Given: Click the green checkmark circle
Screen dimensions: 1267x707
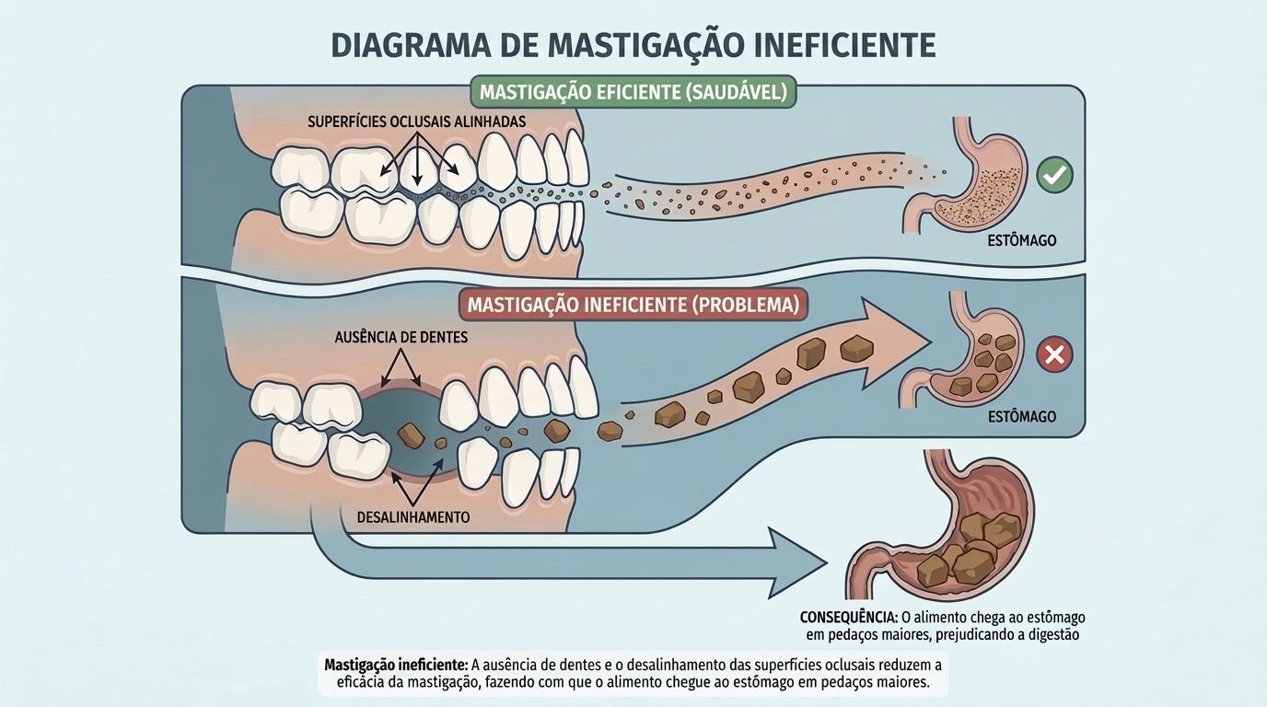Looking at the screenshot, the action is [x=1054, y=175].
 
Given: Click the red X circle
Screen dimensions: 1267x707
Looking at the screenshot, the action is [x=1054, y=354].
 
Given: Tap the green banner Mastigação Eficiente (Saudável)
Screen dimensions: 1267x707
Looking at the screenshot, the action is [x=633, y=92].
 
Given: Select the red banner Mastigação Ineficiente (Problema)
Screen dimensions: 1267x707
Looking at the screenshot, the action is [x=633, y=305].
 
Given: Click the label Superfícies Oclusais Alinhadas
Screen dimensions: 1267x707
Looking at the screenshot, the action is [x=417, y=121].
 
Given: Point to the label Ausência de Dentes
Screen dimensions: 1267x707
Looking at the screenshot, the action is [x=401, y=337].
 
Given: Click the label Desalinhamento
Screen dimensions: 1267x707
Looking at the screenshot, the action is [x=413, y=517].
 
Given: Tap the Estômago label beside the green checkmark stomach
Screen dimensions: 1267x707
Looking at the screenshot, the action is [x=1021, y=240].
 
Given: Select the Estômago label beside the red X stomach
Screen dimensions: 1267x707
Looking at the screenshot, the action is [x=1021, y=417].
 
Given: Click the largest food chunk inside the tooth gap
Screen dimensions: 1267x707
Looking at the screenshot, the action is [x=412, y=436].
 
